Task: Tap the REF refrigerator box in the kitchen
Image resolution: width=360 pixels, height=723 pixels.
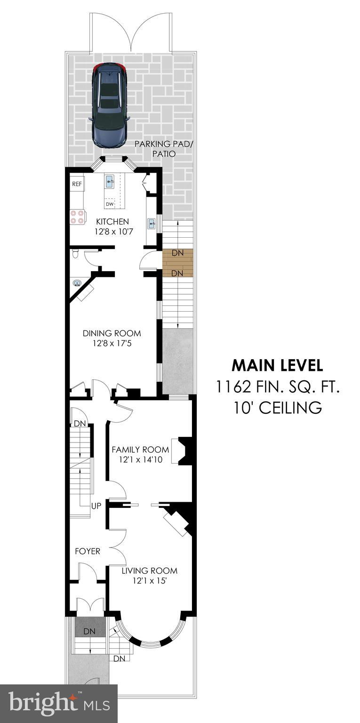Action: (77, 185)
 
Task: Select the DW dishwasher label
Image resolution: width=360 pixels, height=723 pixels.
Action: (109, 204)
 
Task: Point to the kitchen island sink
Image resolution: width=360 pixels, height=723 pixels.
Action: (109, 182)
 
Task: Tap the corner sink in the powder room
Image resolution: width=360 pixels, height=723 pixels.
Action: (77, 283)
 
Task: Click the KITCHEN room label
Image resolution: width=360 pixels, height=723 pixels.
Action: (112, 221)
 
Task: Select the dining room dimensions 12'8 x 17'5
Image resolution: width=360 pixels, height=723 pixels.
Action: (112, 344)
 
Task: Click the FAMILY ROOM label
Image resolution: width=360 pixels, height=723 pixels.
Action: (140, 450)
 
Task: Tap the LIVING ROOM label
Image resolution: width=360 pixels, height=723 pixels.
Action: (149, 571)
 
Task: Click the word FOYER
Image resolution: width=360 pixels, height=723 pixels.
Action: (88, 551)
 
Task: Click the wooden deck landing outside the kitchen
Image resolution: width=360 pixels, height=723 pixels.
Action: (177, 263)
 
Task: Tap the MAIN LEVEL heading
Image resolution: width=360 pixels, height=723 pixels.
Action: (277, 365)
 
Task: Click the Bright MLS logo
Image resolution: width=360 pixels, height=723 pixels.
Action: (58, 704)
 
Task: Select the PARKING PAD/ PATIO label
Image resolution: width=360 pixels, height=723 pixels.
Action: (163, 148)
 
